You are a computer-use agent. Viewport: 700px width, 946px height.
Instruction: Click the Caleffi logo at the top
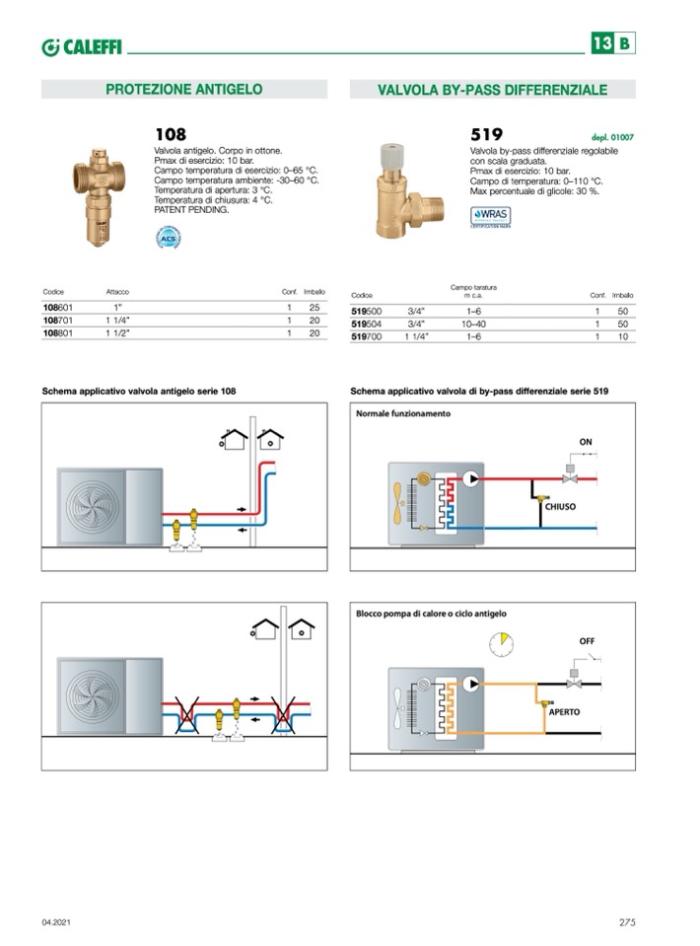point(82,45)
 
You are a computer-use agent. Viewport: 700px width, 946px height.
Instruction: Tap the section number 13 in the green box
point(601,43)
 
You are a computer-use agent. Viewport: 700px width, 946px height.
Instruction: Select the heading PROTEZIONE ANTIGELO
point(183,89)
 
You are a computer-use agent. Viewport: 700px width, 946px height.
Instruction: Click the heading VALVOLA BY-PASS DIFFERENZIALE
point(492,90)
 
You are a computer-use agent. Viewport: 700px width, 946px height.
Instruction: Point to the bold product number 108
point(170,134)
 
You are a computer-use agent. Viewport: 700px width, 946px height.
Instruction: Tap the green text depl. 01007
point(611,138)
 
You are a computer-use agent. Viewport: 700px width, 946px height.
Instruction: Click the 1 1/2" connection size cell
point(119,333)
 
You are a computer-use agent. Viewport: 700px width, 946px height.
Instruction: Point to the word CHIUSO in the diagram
point(560,506)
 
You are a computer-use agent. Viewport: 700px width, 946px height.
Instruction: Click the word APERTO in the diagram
point(564,710)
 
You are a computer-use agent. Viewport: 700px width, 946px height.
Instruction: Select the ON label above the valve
point(586,441)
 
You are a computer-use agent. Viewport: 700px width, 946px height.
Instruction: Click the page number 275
point(627,921)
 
